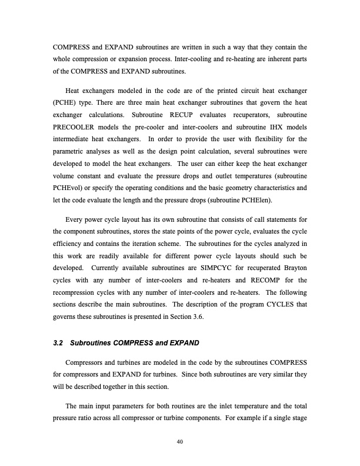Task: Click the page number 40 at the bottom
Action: (179, 442)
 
